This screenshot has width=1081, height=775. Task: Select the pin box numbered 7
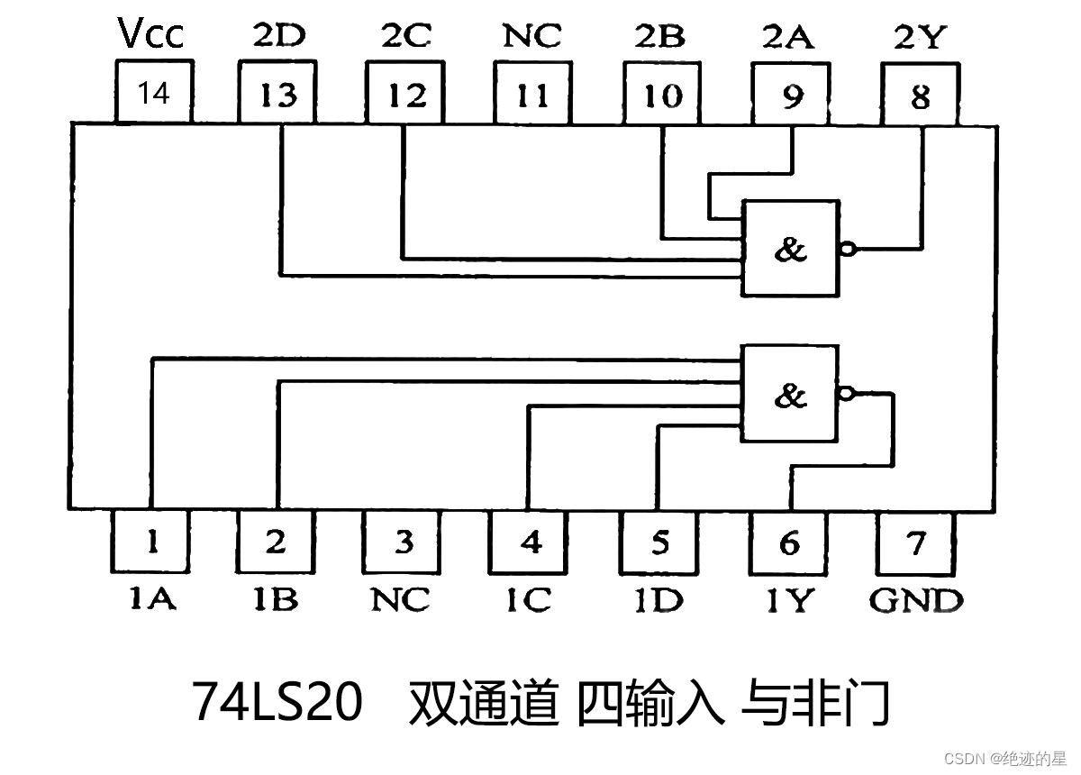coord(916,542)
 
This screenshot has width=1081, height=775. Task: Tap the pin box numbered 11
coord(532,93)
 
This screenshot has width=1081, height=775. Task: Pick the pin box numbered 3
coord(404,542)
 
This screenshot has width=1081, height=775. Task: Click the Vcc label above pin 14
coord(151,34)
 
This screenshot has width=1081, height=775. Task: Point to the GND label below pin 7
coord(916,599)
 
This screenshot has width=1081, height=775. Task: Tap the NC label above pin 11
coord(531,36)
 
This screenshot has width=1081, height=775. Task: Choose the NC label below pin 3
coord(401,599)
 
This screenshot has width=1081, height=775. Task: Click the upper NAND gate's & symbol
coord(790,250)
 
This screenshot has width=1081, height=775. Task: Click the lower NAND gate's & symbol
coord(790,395)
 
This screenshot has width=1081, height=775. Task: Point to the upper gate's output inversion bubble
coord(845,249)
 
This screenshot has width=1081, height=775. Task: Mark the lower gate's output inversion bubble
coord(845,394)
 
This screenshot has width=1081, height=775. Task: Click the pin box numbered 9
coord(792,95)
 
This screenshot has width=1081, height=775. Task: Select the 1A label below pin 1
coord(151,599)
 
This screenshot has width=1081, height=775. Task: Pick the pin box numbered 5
coord(659,542)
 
